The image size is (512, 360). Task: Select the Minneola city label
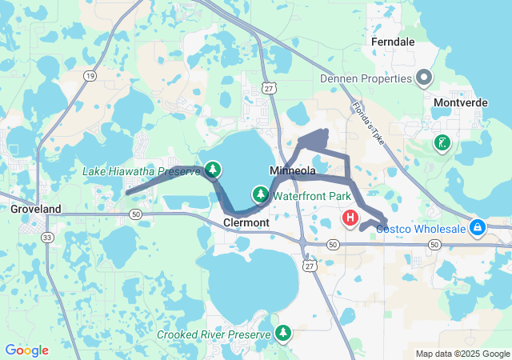pyautogui.click(x=293, y=171)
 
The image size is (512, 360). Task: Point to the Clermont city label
pyautogui.click(x=246, y=222)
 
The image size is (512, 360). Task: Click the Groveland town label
pyautogui.click(x=35, y=209)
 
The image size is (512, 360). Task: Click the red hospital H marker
pyautogui.click(x=350, y=217)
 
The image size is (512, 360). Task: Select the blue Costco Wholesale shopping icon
pyautogui.click(x=478, y=228)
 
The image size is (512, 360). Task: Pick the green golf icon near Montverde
pyautogui.click(x=441, y=143)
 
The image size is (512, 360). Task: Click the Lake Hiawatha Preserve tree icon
pyautogui.click(x=212, y=169)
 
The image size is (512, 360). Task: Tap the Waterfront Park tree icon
pyautogui.click(x=261, y=194)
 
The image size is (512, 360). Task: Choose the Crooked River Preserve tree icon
pyautogui.click(x=283, y=332)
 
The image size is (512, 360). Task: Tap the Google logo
pyautogui.click(x=26, y=350)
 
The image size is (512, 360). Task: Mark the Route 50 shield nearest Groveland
pyautogui.click(x=136, y=214)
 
